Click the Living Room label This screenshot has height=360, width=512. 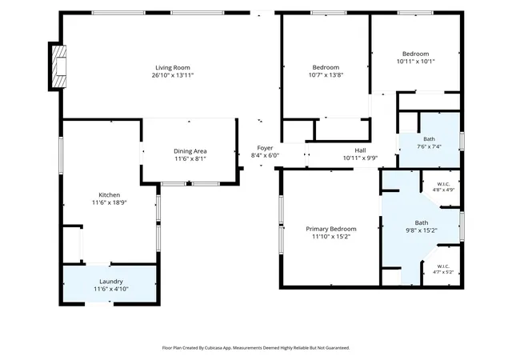(173, 68)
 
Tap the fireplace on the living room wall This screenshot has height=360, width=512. (59, 66)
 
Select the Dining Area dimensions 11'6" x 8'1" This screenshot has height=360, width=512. (190, 158)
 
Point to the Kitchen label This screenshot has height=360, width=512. (110, 195)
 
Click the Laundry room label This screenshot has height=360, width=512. (111, 282)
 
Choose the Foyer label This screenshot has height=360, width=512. (265, 148)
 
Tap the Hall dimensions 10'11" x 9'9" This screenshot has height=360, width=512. (360, 158)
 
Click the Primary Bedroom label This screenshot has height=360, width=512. (331, 229)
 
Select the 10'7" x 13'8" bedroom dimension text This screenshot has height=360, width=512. (326, 75)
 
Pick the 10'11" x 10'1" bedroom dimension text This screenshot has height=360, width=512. (416, 61)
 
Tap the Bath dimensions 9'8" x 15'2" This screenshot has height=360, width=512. (422, 230)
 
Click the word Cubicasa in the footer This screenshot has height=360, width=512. (214, 348)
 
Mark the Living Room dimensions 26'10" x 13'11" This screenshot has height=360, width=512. (173, 75)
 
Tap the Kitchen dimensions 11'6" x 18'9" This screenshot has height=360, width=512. (110, 202)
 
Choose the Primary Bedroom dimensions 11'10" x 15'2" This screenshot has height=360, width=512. (331, 237)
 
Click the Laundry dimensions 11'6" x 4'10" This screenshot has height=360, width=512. (111, 289)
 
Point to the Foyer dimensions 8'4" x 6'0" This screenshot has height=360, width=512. (265, 155)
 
